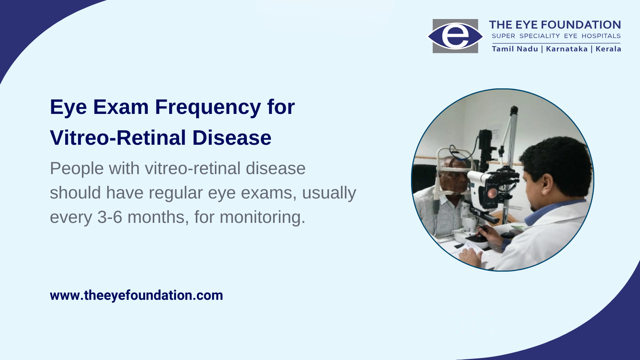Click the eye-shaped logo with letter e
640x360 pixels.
(455, 36)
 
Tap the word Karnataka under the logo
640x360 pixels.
(567, 49)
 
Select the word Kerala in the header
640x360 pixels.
(608, 49)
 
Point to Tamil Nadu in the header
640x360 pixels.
(515, 49)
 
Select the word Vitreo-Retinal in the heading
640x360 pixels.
(118, 138)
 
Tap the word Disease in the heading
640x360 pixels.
(232, 138)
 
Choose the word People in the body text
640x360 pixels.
(77, 169)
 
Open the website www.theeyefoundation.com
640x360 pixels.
(136, 296)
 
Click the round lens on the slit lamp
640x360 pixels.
(492, 193)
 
